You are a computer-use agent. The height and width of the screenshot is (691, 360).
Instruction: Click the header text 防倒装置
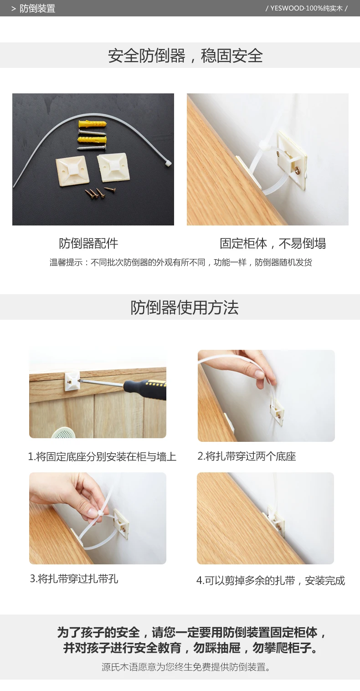coord(37,8)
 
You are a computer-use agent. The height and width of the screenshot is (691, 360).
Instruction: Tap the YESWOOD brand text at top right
coord(306,8)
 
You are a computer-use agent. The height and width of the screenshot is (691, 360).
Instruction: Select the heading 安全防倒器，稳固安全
coord(185,56)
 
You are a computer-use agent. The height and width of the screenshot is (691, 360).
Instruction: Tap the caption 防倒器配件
coord(88,243)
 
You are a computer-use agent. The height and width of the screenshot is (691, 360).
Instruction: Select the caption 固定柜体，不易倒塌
coord(273,243)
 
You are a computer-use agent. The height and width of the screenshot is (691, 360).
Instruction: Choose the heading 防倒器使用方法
coord(185,307)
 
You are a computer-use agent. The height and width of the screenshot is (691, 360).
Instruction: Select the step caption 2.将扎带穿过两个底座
coord(247,456)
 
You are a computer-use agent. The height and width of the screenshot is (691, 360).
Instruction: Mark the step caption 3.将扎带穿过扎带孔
coord(74,578)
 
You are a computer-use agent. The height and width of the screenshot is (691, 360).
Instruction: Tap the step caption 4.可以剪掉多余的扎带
coord(271,580)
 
